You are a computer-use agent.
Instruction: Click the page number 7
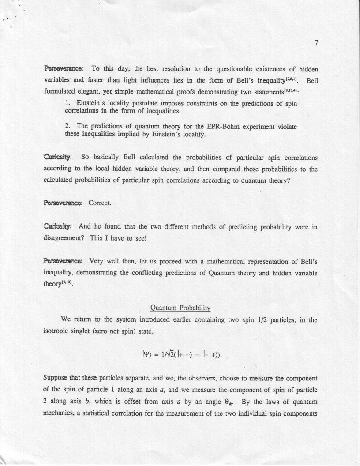click(317, 43)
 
